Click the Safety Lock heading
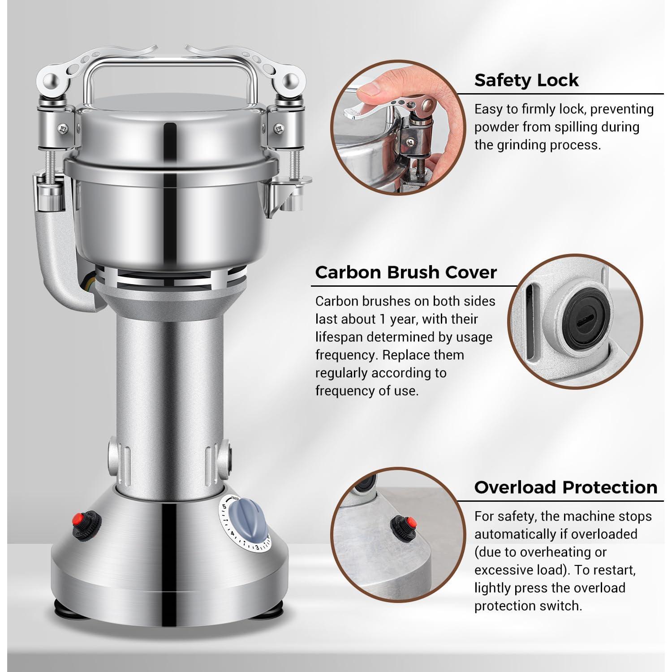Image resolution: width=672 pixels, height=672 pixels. coord(526,80)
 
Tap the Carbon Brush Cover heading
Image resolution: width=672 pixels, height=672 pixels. coord(406,272)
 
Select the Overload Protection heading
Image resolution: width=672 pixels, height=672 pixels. coord(566,487)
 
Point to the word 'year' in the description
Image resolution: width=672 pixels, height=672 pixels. coord(402,320)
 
